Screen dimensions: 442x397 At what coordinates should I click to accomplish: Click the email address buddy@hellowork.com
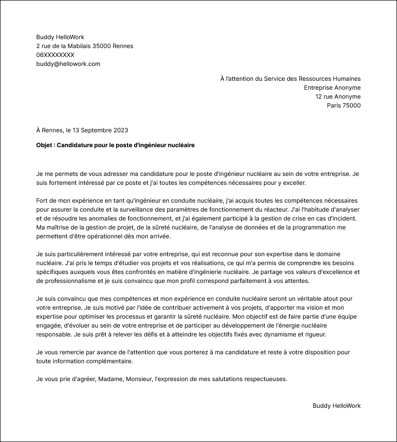(x=68, y=64)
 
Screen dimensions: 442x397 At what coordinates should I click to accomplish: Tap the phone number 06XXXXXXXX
(x=55, y=55)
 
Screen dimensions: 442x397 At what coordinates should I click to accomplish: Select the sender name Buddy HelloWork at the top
(x=60, y=37)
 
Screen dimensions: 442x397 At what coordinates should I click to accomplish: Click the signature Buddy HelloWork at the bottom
(x=336, y=406)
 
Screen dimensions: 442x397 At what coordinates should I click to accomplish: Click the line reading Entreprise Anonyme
(x=332, y=88)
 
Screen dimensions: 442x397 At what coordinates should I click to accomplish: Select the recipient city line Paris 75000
(x=343, y=106)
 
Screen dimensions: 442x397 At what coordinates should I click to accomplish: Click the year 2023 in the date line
(x=121, y=130)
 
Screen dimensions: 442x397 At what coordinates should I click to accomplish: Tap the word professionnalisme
(x=72, y=281)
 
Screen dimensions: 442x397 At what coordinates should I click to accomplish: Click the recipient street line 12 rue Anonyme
(x=338, y=97)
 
